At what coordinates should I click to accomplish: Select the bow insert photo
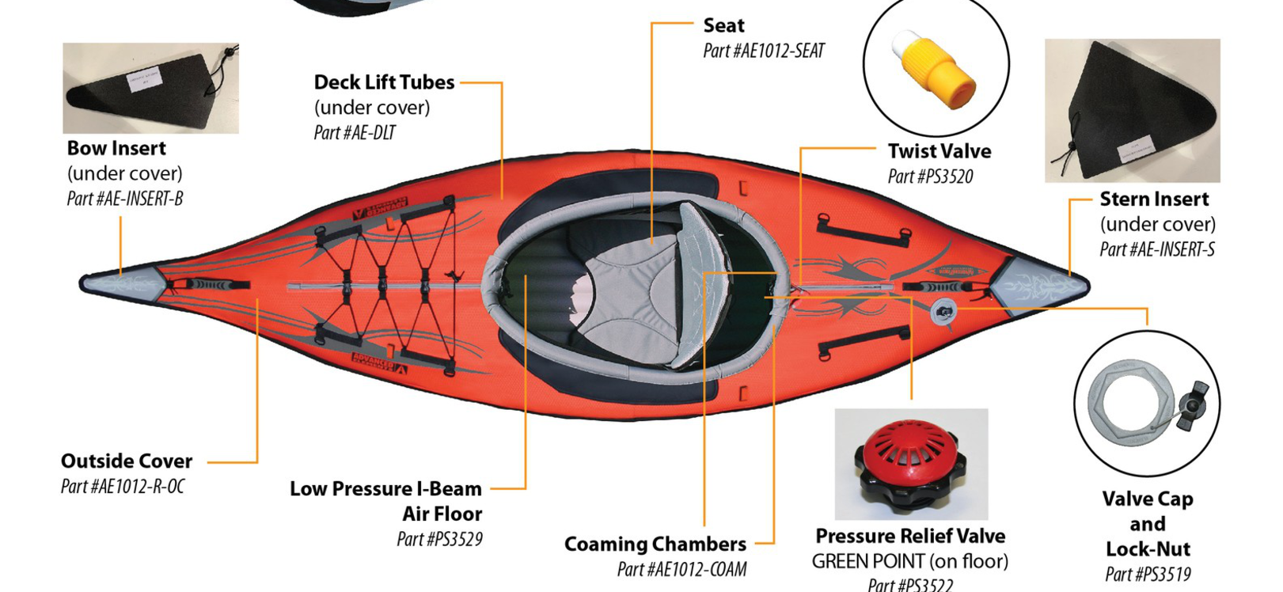click(x=150, y=88)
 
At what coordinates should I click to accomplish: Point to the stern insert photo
click(x=1132, y=111)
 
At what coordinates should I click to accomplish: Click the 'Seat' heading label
click(x=723, y=25)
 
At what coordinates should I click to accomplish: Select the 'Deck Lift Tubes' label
click(x=384, y=82)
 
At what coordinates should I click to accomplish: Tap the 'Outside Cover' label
click(x=127, y=461)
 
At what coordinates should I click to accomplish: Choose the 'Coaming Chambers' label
click(x=655, y=545)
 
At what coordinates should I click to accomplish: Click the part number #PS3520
click(x=930, y=176)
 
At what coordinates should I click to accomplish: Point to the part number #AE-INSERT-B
click(x=125, y=199)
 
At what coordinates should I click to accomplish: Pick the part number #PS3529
click(x=439, y=539)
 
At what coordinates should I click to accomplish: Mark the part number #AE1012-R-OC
click(x=123, y=486)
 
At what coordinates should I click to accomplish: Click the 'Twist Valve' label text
click(x=939, y=151)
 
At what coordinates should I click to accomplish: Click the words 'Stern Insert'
click(x=1154, y=199)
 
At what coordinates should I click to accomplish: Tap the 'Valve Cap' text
click(x=1147, y=499)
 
